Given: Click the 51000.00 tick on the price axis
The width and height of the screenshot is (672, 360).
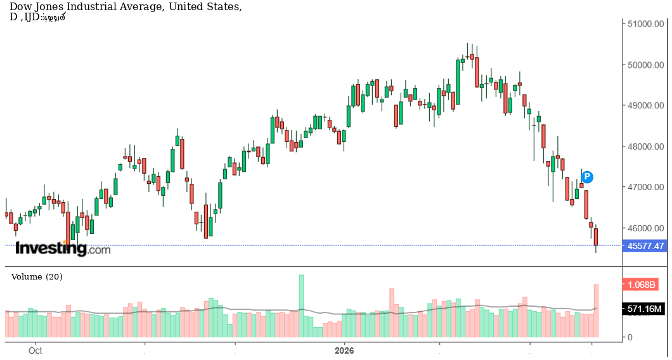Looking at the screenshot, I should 645,24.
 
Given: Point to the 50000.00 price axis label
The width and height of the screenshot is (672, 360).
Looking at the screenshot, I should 645,65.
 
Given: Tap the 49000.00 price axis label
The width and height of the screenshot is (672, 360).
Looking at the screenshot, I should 645,106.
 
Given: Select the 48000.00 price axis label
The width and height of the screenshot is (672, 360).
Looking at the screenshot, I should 645,146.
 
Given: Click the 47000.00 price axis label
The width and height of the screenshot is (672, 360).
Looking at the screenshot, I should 645,188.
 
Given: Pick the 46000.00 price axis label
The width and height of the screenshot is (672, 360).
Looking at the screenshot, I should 645,228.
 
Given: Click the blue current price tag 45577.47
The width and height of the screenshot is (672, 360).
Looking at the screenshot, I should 645,246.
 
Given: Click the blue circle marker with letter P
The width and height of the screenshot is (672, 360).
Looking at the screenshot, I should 587,176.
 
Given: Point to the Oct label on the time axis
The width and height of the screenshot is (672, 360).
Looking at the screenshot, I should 36,350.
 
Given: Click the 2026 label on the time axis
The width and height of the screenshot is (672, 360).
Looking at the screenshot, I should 344,350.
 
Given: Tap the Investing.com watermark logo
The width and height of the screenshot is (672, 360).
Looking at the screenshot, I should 63,248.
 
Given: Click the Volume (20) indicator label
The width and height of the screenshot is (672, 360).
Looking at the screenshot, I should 37,277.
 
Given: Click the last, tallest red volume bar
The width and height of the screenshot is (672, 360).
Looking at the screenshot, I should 597,311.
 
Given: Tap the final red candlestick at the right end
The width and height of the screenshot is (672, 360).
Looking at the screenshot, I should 596,237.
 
